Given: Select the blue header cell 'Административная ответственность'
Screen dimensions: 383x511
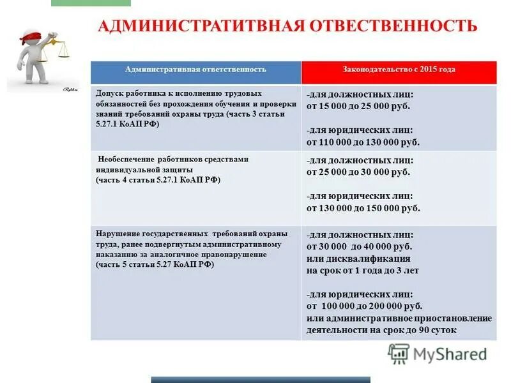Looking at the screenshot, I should coord(195,70).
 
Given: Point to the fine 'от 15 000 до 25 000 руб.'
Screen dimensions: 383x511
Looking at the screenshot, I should coord(358,106).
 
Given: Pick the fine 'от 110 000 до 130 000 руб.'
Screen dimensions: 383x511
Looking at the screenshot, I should coord(363,142).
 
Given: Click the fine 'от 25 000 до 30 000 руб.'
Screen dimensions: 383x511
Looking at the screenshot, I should coord(358,172).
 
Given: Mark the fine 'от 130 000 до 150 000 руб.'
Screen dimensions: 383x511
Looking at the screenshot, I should coord(363,208).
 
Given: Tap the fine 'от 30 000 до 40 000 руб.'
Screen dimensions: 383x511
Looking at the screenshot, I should coord(359,246).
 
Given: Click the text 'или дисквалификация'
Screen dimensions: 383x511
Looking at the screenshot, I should coord(358,259).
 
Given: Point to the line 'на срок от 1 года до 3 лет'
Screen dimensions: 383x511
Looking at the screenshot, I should coord(362,271).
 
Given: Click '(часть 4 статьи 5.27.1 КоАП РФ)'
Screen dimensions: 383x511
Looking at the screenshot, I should coord(158,181).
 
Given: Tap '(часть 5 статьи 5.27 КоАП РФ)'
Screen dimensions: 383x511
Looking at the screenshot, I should coord(155,264).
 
